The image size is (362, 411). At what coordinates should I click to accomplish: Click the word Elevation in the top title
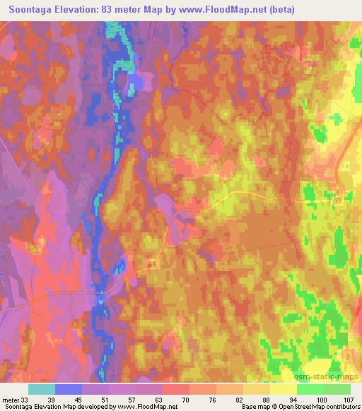click(x=81, y=10)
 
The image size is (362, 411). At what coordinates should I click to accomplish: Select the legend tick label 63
click(x=163, y=400)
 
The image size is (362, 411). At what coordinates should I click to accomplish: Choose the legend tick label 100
click(x=322, y=400)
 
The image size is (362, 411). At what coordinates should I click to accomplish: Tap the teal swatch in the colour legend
click(x=42, y=389)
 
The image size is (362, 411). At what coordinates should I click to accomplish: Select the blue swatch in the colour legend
click(x=69, y=389)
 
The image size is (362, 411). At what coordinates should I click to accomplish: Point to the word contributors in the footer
click(x=341, y=407)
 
